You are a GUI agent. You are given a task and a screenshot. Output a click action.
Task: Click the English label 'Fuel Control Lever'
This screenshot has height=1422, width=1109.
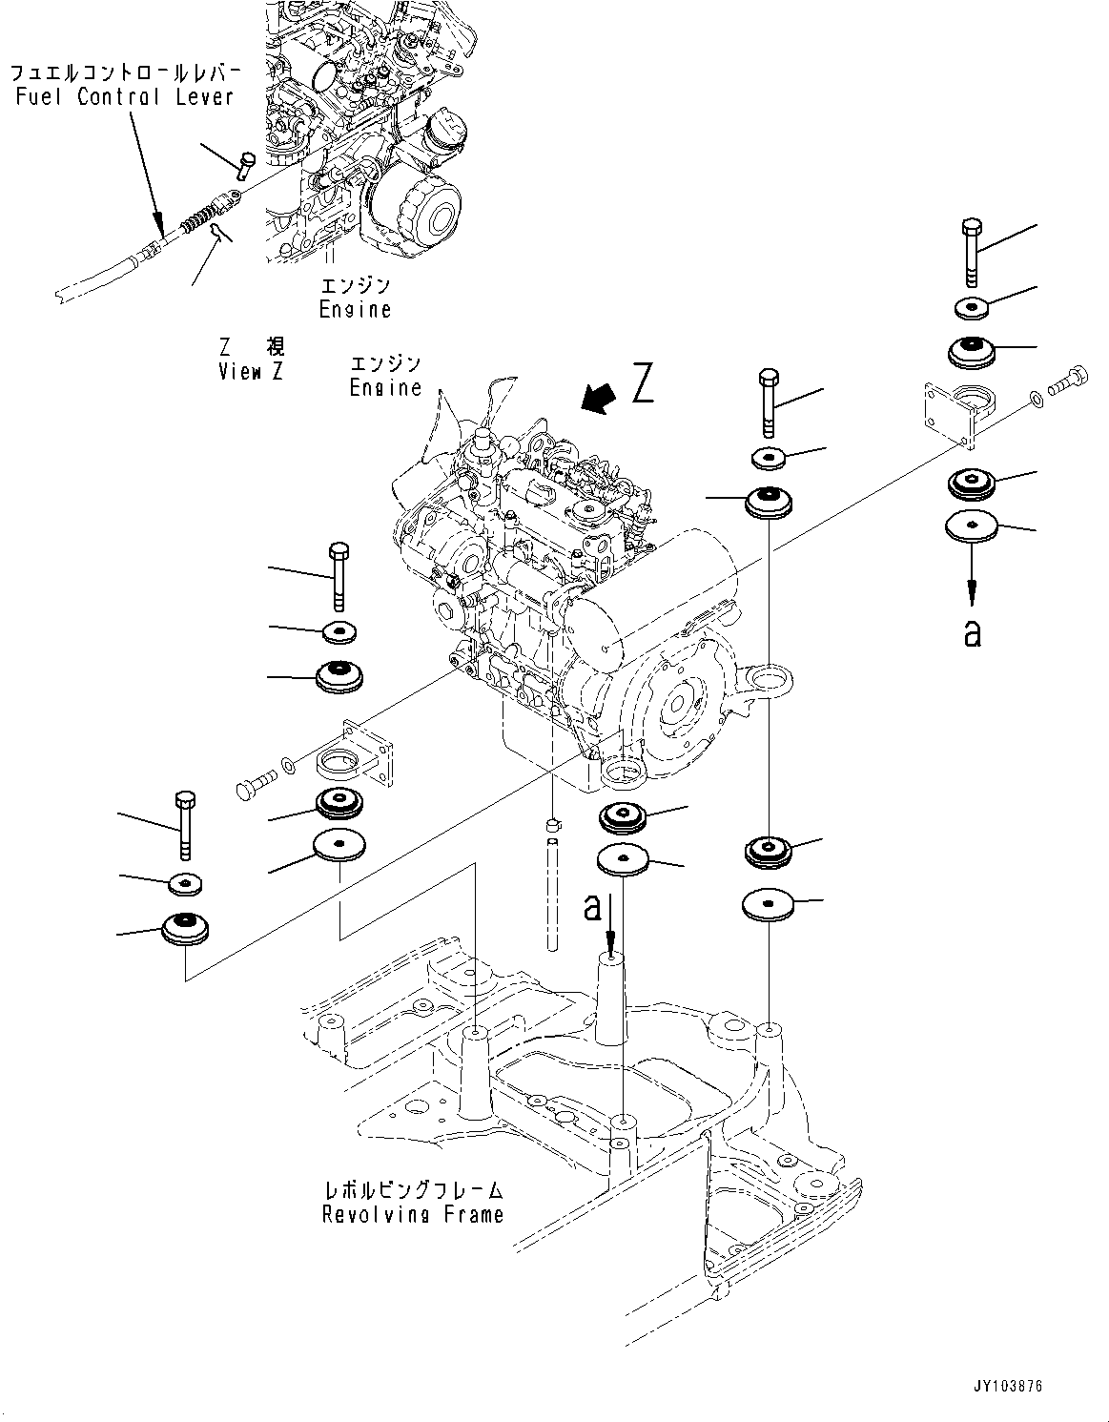[x=124, y=96]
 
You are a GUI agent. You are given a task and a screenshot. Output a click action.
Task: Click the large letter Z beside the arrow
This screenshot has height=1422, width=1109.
[x=643, y=384]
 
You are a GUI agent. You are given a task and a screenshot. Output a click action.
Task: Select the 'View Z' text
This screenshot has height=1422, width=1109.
[x=250, y=372]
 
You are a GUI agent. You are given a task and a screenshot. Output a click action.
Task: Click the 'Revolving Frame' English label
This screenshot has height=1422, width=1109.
[x=412, y=1214]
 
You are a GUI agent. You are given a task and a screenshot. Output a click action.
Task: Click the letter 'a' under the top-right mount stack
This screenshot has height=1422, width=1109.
[x=971, y=633]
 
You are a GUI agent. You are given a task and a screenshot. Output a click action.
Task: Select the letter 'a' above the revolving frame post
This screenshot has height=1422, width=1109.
[x=593, y=909]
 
